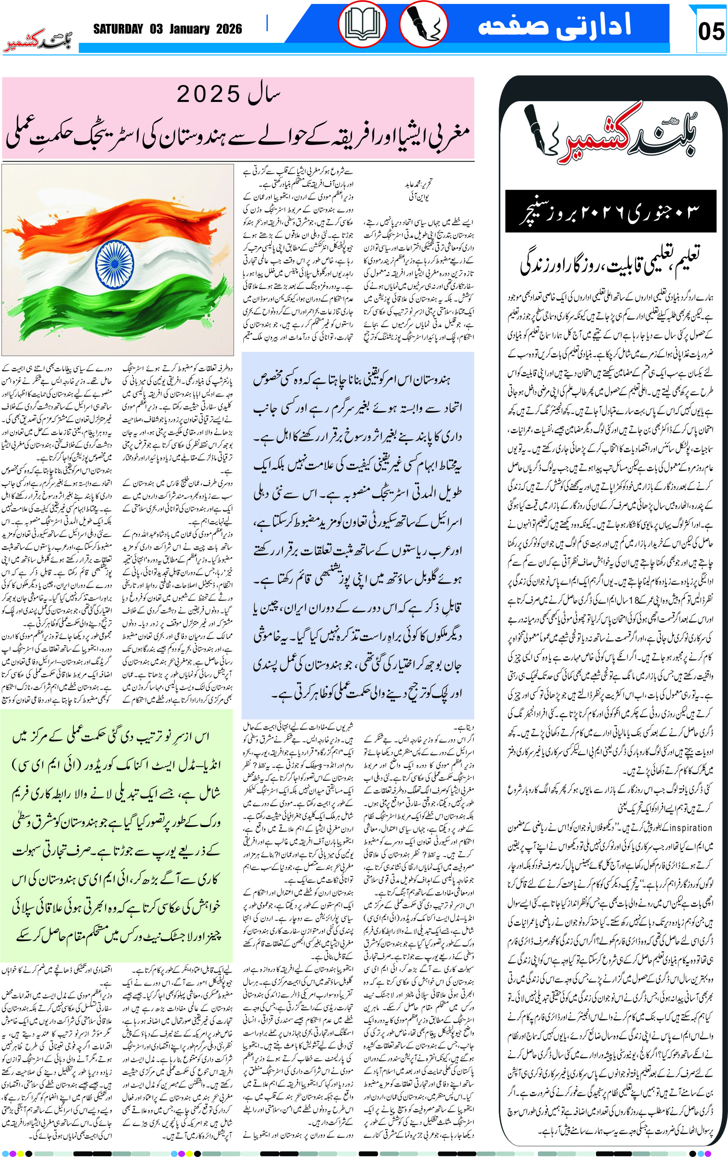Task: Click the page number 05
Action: tap(711, 31)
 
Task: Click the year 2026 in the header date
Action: tap(229, 29)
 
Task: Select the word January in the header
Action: tap(189, 29)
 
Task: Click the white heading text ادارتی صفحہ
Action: tap(555, 25)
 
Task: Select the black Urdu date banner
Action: tap(610, 211)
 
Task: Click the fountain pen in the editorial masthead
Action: tap(543, 130)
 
